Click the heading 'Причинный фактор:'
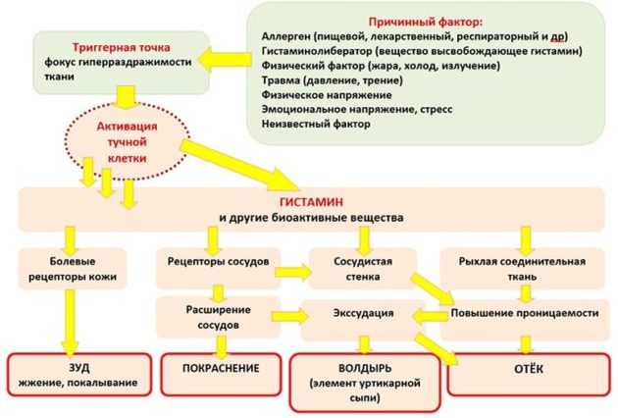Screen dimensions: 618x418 [x=426, y=22]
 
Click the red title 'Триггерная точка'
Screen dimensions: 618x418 [x=121, y=48]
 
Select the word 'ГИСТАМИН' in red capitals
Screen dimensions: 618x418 [x=311, y=202]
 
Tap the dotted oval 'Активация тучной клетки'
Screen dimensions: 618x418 [x=127, y=142]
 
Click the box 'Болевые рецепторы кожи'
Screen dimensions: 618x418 [x=73, y=269]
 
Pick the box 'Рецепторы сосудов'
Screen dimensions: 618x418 [x=219, y=268]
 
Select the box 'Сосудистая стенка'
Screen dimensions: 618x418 [x=363, y=269]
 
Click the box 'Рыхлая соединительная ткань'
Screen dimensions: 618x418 [x=522, y=269]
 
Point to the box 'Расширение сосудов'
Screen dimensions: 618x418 [x=219, y=318]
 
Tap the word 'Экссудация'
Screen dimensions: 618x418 [x=363, y=313]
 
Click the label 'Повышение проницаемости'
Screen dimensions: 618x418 [x=525, y=313]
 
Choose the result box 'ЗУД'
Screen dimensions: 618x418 [x=79, y=374]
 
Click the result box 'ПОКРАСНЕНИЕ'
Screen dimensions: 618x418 [x=221, y=374]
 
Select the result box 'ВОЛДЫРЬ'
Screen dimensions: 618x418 [x=365, y=383]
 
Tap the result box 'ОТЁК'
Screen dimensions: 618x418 [x=529, y=374]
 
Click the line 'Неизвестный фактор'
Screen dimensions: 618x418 [x=316, y=125]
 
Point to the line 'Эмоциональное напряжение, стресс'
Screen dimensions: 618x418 [x=357, y=109]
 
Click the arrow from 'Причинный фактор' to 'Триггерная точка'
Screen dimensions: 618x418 [x=225, y=60]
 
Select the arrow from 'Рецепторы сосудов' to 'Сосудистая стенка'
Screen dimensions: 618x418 [x=293, y=272]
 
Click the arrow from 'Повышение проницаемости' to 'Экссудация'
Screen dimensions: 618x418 [x=430, y=316]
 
